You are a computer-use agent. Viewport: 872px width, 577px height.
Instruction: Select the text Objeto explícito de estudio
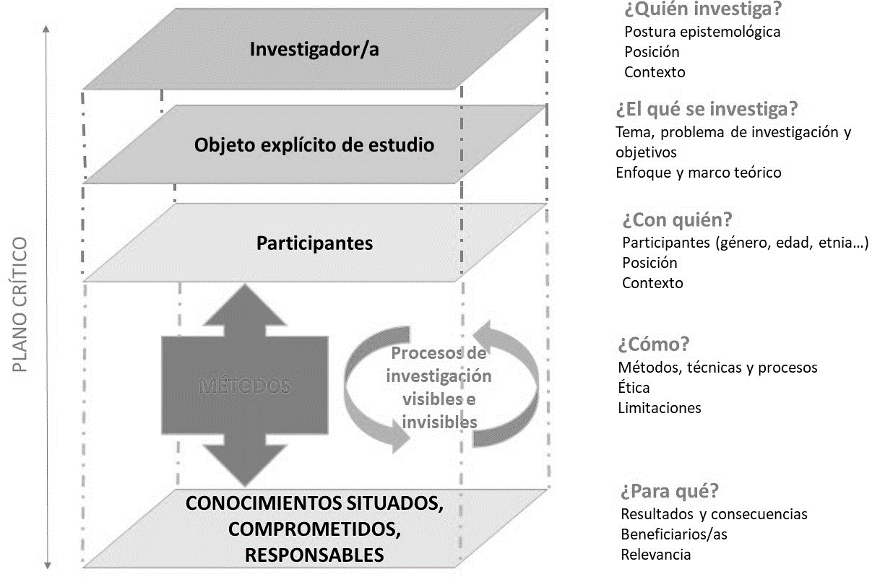pos(314,145)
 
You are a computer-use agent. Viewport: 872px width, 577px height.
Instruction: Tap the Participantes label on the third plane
pos(314,243)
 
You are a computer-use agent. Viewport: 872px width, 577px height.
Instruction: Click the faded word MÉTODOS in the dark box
pos(243,386)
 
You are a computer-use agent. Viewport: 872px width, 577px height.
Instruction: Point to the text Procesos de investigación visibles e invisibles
pos(439,388)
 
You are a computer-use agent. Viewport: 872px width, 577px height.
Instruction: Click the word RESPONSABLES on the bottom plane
pos(314,555)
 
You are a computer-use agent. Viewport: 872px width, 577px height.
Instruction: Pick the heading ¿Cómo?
pos(654,343)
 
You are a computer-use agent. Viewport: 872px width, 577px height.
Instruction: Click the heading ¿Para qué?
pos(669,491)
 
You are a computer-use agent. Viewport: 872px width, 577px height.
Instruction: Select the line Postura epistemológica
pos(702,32)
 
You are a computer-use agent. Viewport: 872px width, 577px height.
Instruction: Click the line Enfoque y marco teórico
pos(699,173)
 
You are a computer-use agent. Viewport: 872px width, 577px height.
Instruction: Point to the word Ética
pos(634,388)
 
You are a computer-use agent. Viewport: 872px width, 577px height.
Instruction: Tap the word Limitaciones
pos(660,408)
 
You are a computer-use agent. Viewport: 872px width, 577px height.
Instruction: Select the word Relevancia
pos(656,555)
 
